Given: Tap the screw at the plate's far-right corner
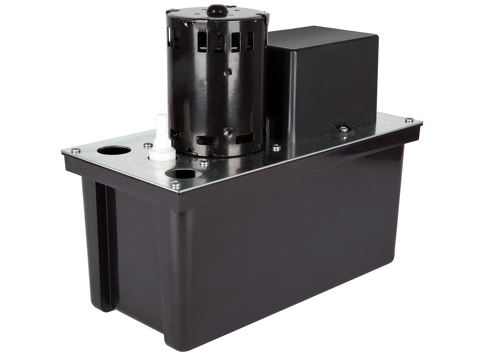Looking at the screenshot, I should [x=408, y=120].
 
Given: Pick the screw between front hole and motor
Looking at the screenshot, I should [x=204, y=163].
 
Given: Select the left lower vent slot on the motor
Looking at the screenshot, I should [x=205, y=141].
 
